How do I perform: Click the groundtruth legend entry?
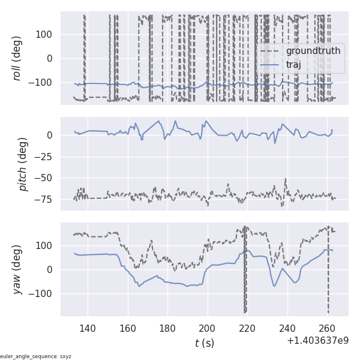tap(313, 51)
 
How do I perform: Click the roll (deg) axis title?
tap(17, 58)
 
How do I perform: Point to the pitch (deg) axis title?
tap(23, 164)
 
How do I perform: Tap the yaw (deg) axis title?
tap(17, 269)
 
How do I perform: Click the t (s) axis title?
tap(204, 343)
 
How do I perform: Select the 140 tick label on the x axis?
tap(88, 328)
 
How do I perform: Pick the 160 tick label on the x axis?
tap(128, 328)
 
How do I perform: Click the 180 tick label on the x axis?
tap(167, 328)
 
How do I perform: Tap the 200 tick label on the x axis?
tap(208, 328)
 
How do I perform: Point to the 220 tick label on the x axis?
tap(247, 328)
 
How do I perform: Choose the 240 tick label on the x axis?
tap(287, 328)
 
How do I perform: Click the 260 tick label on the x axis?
tap(327, 328)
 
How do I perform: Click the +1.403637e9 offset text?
tap(317, 341)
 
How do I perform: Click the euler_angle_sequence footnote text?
tap(35, 356)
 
